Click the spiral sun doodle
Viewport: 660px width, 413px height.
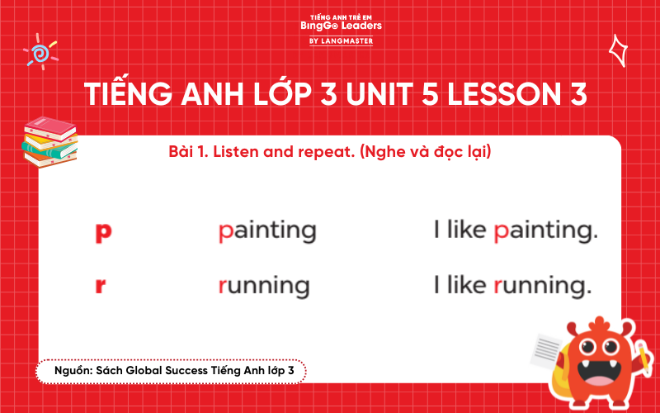point(40,51)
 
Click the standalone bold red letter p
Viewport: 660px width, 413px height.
point(103,232)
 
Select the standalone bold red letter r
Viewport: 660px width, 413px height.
point(101,286)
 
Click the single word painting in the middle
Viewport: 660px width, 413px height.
point(266,231)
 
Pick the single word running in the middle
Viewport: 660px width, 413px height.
point(263,286)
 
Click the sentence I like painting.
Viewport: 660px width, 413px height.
point(515,231)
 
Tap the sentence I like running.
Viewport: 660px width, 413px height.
point(512,286)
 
